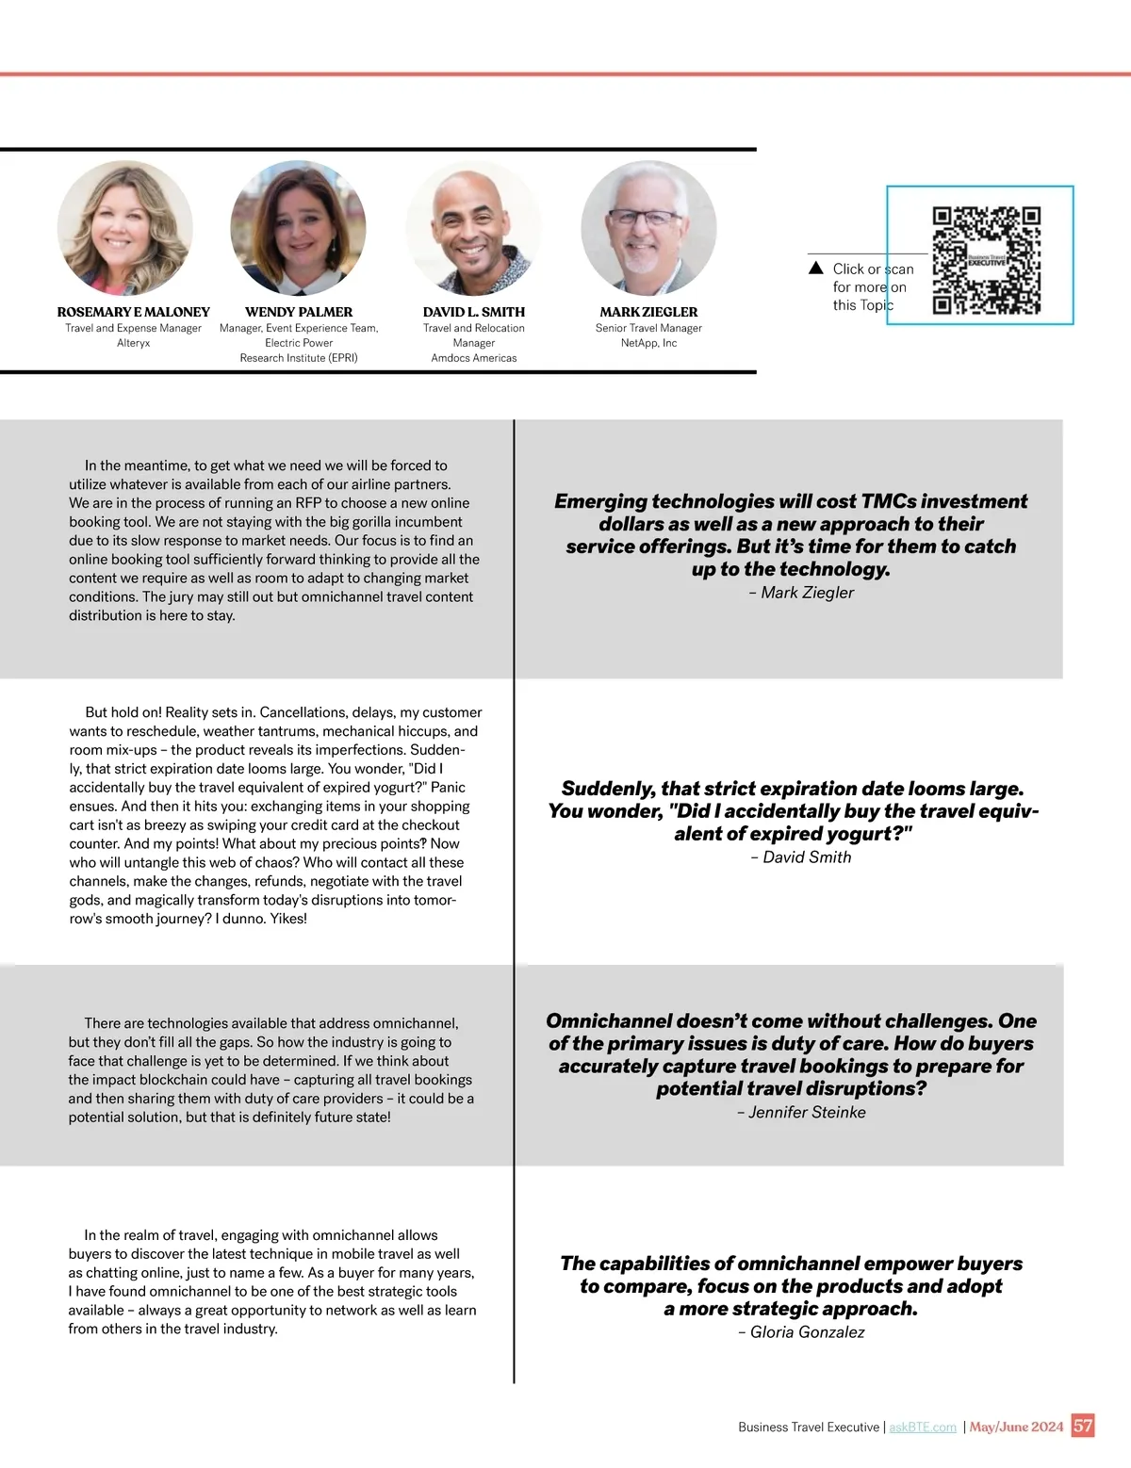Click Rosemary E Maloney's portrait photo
(125, 229)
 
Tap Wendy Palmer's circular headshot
(298, 229)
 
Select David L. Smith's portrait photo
(474, 229)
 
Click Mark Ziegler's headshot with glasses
(648, 229)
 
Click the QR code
(986, 261)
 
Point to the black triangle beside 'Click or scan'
(816, 269)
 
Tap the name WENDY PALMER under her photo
(299, 312)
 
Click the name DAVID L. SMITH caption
(474, 312)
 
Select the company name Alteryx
(134, 343)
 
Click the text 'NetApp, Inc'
(648, 343)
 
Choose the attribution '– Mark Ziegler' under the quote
(801, 593)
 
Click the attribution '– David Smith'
(801, 857)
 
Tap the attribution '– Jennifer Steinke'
(801, 1113)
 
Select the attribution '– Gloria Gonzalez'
(801, 1332)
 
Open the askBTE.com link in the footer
(923, 1427)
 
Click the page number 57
(1083, 1426)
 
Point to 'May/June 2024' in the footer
(1016, 1427)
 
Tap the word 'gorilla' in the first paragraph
(376, 522)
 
